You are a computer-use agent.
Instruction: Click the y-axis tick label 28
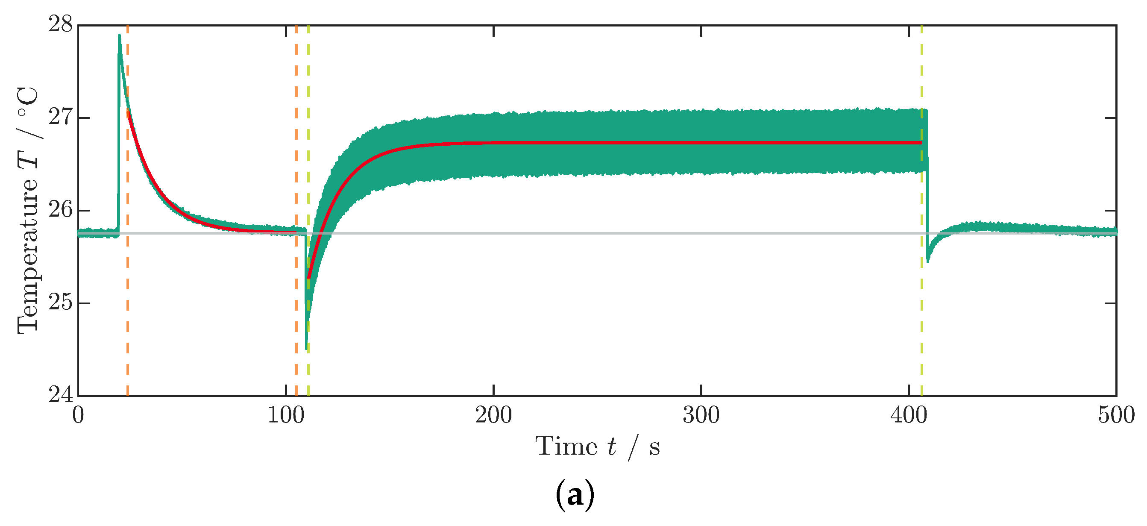(x=60, y=25)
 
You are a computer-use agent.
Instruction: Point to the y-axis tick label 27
(x=60, y=118)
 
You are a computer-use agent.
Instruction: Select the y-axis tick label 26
(x=60, y=210)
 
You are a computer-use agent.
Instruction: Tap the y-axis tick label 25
(x=60, y=303)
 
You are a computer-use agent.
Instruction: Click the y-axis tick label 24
(x=60, y=395)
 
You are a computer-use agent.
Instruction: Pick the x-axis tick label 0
(x=78, y=416)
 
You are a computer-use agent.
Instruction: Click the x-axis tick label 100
(x=285, y=416)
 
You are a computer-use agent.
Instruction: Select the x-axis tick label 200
(x=493, y=416)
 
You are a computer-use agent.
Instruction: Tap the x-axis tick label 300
(x=701, y=416)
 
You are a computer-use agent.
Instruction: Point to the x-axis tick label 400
(x=909, y=416)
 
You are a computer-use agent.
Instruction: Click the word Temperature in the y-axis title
(x=28, y=256)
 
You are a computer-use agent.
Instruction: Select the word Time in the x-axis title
(x=566, y=447)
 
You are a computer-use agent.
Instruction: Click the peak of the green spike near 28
(x=119, y=35)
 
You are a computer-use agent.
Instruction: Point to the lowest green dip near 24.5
(x=306, y=348)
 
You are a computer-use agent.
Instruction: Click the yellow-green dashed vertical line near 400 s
(x=922, y=312)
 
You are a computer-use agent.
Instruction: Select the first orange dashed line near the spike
(x=128, y=312)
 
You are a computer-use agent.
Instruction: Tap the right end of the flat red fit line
(x=921, y=143)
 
